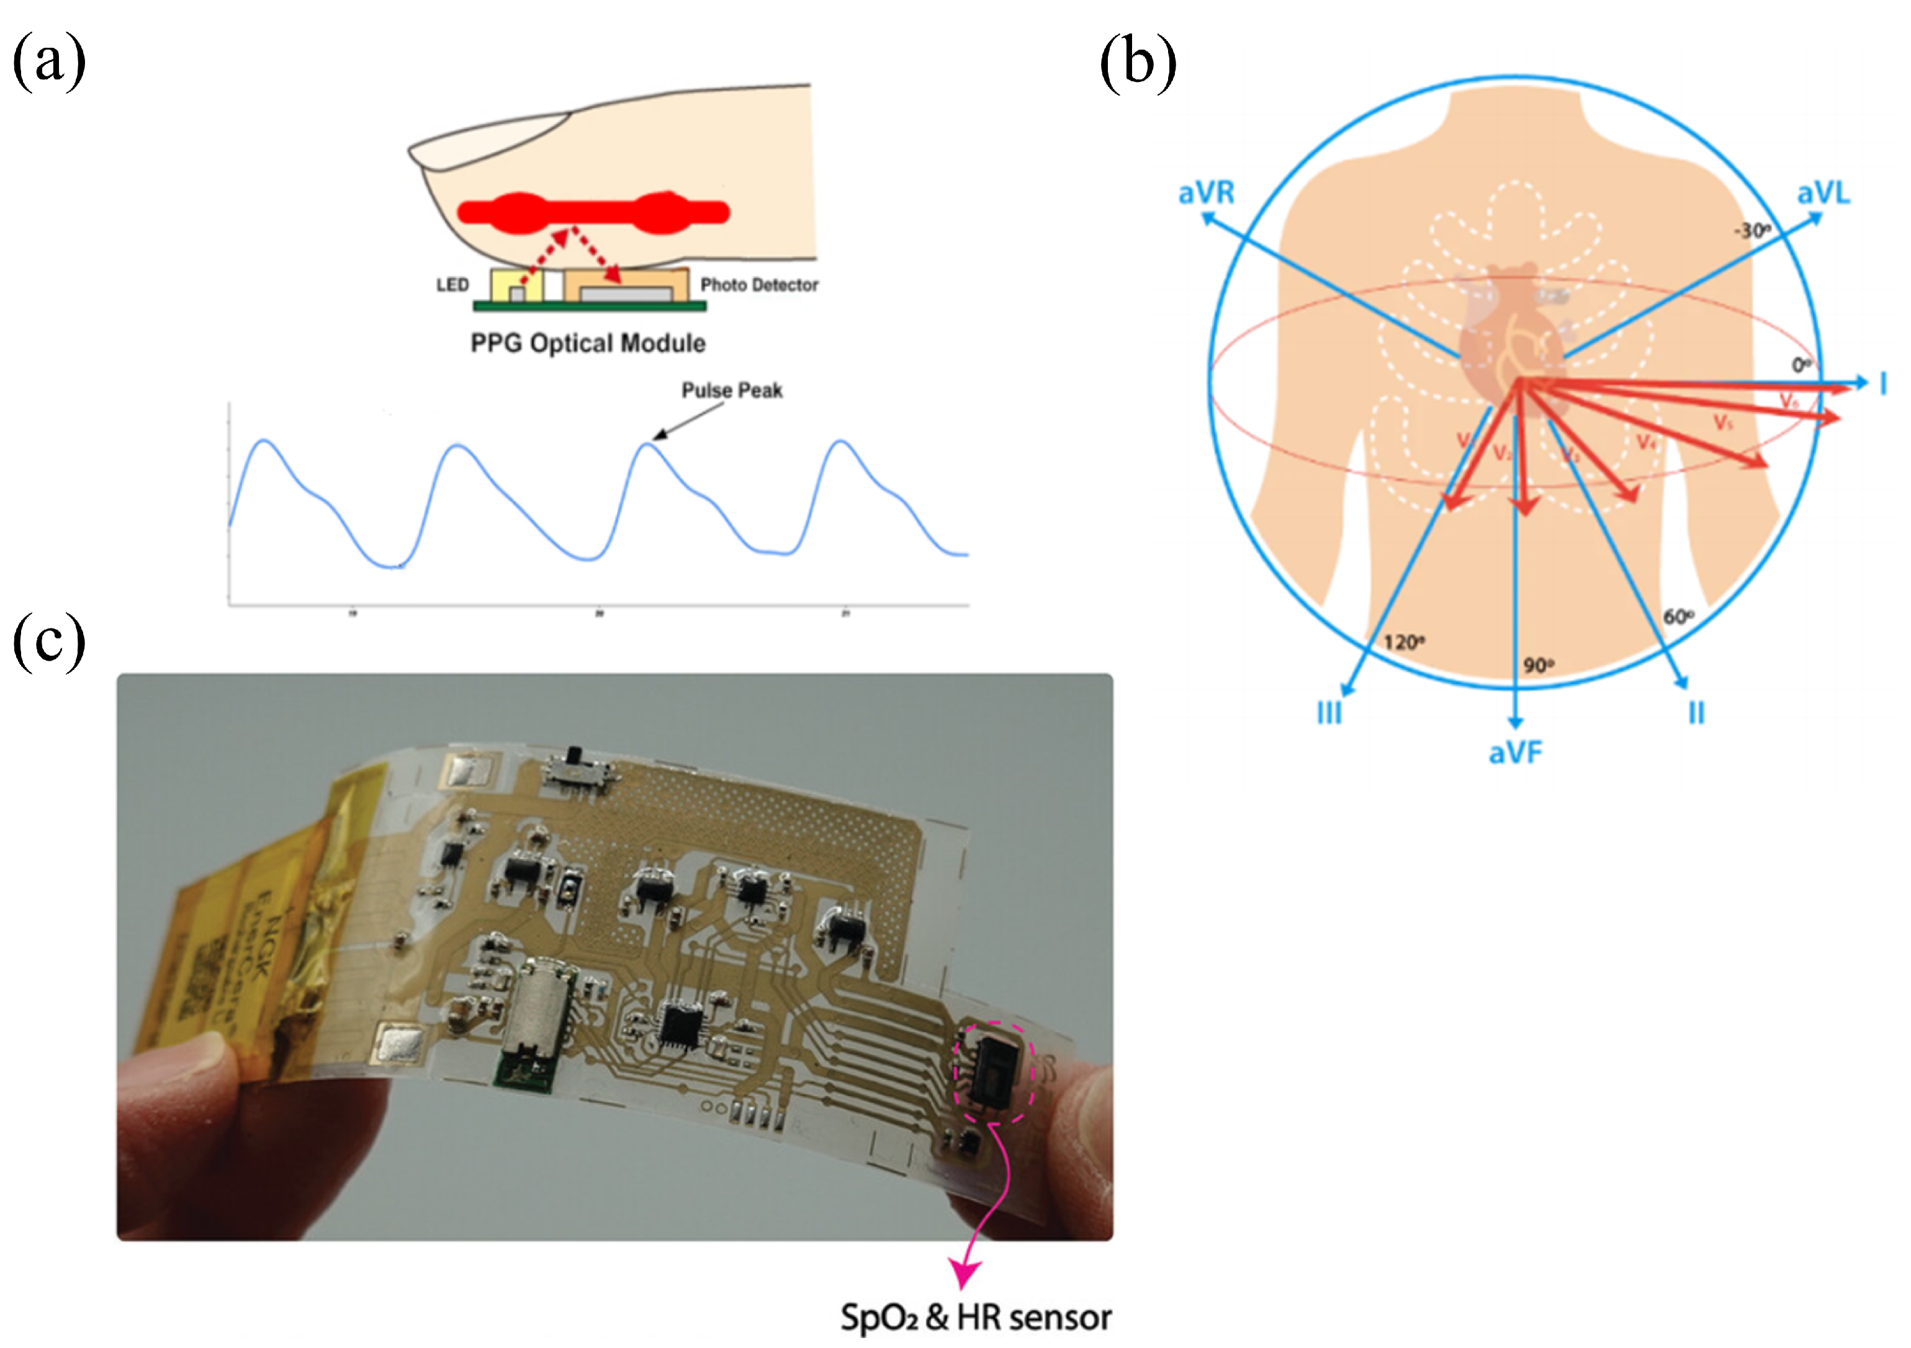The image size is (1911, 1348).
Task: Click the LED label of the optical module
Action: (452, 285)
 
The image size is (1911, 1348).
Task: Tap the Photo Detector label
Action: (758, 285)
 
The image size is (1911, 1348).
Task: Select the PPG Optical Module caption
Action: (588, 344)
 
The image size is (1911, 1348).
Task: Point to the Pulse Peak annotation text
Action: (732, 391)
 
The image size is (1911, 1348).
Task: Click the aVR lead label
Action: (1206, 193)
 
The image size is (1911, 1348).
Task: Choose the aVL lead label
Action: (1823, 193)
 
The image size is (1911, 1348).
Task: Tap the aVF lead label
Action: (1515, 753)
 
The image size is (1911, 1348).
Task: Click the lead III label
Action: (1329, 713)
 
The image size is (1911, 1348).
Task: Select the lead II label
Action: (1696, 713)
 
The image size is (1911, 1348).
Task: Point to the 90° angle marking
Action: (1538, 666)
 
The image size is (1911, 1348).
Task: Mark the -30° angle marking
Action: (1751, 231)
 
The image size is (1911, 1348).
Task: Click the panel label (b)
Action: (1138, 63)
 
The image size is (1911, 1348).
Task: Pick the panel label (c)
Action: (49, 641)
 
